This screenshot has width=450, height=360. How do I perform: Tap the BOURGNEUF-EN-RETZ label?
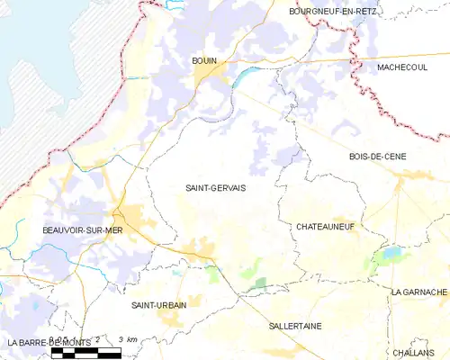(333, 11)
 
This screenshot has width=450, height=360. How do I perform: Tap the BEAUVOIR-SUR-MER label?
(82, 230)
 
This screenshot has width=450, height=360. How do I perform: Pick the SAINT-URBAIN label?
(159, 305)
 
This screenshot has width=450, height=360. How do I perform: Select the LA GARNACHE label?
(419, 292)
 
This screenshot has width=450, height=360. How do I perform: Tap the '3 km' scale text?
(128, 339)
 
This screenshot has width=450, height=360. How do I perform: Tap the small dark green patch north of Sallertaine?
(260, 283)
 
